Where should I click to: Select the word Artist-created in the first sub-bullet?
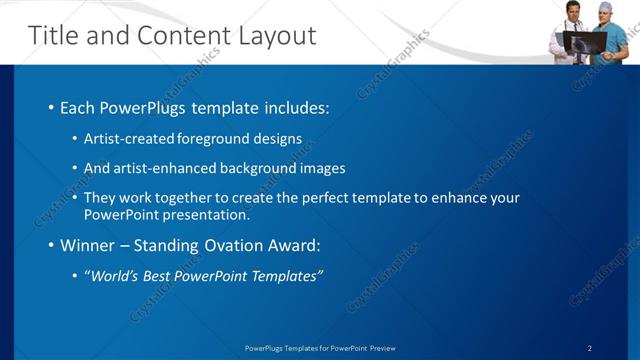(x=124, y=138)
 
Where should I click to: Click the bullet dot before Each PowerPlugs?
(x=51, y=108)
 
